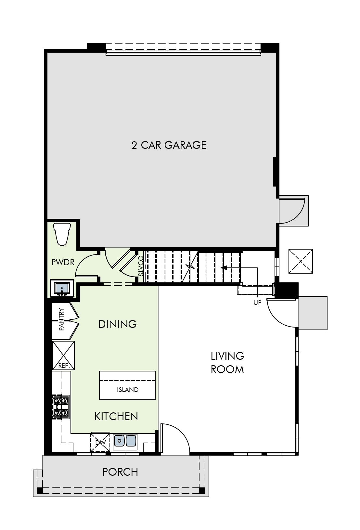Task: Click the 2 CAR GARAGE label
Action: (x=169, y=145)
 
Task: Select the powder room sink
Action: (x=62, y=288)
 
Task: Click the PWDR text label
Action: (x=63, y=262)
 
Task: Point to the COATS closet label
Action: (x=140, y=266)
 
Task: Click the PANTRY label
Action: (x=62, y=320)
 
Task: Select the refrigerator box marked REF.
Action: (x=63, y=355)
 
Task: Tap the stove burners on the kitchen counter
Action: (x=61, y=407)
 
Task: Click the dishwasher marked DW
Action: (x=100, y=442)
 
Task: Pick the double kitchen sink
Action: (x=125, y=441)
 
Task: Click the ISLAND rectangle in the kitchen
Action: (x=127, y=385)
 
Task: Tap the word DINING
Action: (x=117, y=324)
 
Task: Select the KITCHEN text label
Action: (x=116, y=416)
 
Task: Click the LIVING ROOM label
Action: (x=227, y=362)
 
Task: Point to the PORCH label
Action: (x=120, y=472)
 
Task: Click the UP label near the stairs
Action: (x=257, y=303)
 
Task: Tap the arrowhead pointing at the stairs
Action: (x=224, y=268)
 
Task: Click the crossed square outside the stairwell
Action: (x=301, y=261)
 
